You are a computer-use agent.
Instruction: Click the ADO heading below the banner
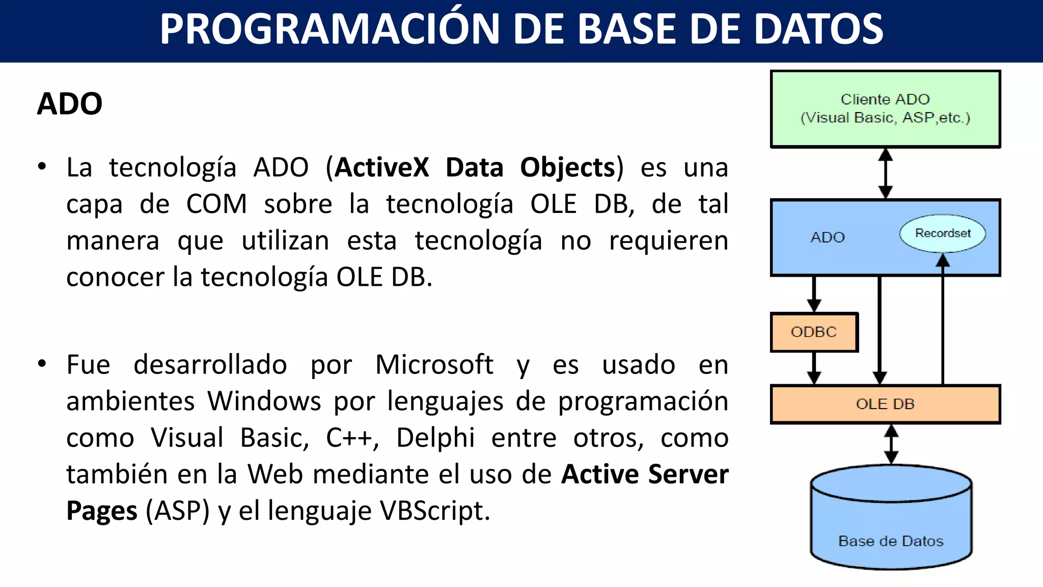click(x=70, y=104)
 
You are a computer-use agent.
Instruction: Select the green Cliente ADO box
click(x=885, y=109)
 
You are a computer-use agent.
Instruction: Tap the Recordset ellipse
click(x=942, y=233)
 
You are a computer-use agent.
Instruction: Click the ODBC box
click(x=814, y=332)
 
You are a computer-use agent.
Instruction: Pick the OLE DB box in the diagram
click(x=885, y=404)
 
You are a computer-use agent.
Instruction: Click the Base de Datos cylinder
click(x=891, y=525)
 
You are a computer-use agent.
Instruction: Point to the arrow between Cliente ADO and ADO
click(x=886, y=173)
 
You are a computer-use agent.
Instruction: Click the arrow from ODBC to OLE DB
click(x=814, y=368)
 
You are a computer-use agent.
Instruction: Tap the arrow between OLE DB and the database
click(x=891, y=444)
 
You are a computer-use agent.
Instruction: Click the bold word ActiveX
click(x=382, y=167)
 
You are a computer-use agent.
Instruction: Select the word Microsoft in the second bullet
click(x=434, y=365)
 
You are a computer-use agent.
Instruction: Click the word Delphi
click(x=435, y=438)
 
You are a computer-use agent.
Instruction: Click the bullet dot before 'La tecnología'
click(x=42, y=166)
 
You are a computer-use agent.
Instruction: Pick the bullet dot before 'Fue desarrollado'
click(x=42, y=364)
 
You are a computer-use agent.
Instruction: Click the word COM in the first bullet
click(x=216, y=204)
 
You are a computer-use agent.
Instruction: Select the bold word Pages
click(x=102, y=511)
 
